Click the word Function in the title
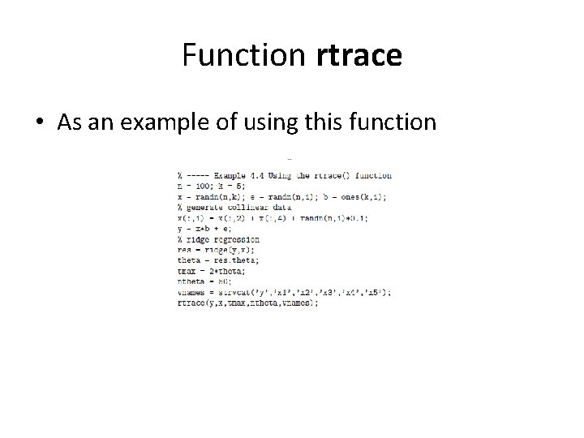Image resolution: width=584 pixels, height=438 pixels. (x=243, y=56)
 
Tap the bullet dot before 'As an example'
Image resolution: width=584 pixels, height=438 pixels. (x=39, y=123)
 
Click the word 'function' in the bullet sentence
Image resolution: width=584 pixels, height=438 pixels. (x=397, y=122)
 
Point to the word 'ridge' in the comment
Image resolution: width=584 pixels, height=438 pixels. (x=200, y=239)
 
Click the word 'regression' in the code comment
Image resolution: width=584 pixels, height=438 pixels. (x=238, y=239)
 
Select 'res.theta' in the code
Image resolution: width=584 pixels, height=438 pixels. (x=232, y=261)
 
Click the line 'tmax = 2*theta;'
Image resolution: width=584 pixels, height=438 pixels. (x=210, y=272)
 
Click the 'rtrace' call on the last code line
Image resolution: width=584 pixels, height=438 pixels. (x=191, y=303)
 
